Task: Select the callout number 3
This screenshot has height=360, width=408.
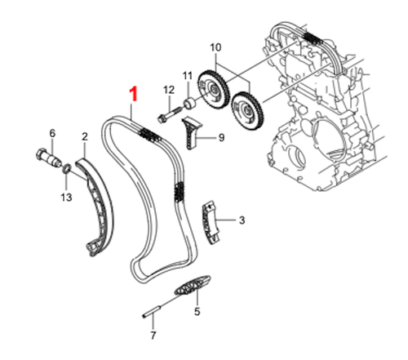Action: click(x=241, y=220)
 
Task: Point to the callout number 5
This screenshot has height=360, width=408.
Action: click(x=196, y=311)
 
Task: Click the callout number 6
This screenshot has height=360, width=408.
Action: click(x=51, y=133)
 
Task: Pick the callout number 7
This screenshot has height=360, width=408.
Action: click(x=153, y=336)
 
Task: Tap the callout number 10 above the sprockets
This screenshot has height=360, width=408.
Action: click(x=215, y=48)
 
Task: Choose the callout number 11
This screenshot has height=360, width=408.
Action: click(x=187, y=77)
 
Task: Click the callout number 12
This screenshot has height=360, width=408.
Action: click(x=169, y=89)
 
